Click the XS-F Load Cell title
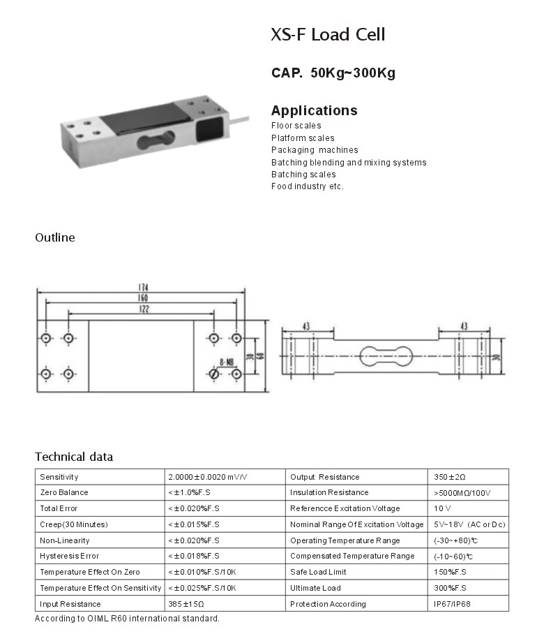point(328,35)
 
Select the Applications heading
point(314,110)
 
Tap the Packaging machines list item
point(315,150)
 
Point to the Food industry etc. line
point(307,186)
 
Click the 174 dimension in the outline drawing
point(142,288)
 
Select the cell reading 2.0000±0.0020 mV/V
point(208,477)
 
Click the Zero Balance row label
point(64,493)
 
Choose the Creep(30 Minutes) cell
point(74,524)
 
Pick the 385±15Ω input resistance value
point(186,604)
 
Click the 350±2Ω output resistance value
point(450,477)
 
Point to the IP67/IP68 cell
point(452,604)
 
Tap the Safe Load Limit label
point(318,572)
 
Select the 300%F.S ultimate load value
point(450,588)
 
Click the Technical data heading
point(74,457)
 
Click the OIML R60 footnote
point(127,619)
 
